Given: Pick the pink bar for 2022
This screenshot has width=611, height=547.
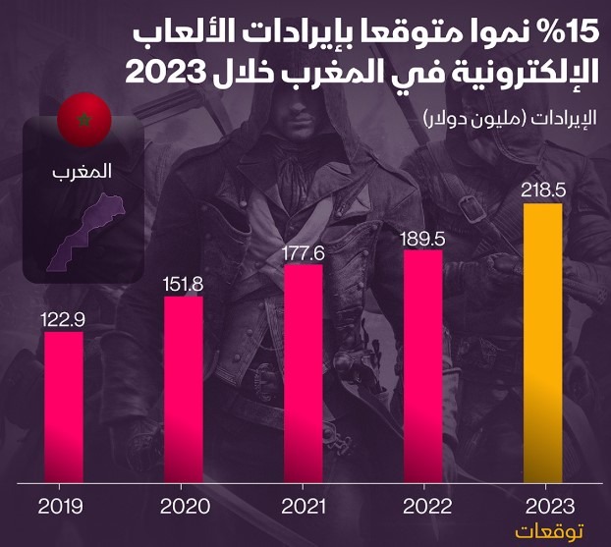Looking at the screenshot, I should (422, 367).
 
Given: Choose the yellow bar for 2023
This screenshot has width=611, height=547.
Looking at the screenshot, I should (543, 344).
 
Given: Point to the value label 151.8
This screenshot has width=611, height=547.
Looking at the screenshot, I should (184, 284).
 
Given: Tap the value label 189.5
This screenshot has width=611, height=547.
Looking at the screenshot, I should (422, 238).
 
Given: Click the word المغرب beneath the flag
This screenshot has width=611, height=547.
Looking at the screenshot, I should (83, 172).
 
